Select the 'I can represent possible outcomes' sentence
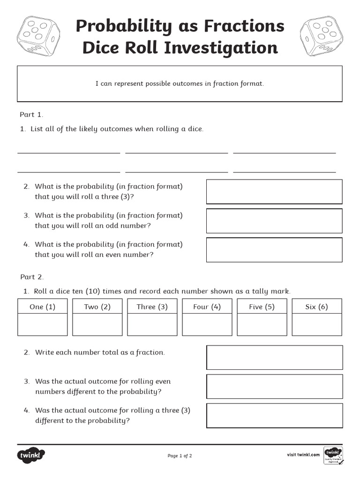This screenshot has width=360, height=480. pos(180,83)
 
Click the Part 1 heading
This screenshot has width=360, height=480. pos(31,114)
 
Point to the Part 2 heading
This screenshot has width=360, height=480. pos(31,277)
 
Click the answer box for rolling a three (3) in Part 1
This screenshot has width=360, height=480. pos(274,191)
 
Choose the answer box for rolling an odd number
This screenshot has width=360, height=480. pos(274,220)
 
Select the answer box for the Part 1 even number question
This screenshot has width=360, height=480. pos(274,249)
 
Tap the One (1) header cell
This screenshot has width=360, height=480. pos(42,307)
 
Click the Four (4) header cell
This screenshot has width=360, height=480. pos(207,307)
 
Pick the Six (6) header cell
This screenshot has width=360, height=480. pos(316,307)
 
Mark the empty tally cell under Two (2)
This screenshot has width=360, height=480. pos(97,324)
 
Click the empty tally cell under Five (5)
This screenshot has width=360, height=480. pos(262,324)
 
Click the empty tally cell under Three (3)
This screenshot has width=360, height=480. pos(152,324)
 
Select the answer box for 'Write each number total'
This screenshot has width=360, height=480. pos(274,357)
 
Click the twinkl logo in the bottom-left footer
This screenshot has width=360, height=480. pos(31,455)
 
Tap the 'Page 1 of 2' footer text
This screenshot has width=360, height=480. pos(180,456)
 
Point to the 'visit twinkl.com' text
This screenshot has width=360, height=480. pos(303,455)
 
